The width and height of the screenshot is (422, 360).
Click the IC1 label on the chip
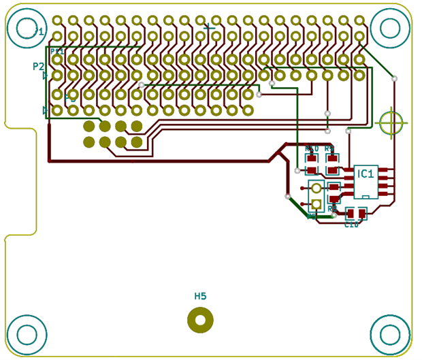click(x=366, y=174)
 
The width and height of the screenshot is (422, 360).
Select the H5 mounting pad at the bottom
click(x=200, y=320)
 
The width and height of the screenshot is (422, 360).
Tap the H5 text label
click(x=200, y=296)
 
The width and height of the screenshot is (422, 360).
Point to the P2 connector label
click(x=39, y=66)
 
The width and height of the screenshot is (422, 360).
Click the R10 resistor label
click(x=312, y=148)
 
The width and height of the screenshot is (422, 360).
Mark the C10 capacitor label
click(x=351, y=225)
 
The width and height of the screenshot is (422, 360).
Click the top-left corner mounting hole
click(x=27, y=28)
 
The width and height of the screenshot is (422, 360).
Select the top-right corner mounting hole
click(x=390, y=28)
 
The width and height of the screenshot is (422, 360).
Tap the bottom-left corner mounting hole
click(x=27, y=334)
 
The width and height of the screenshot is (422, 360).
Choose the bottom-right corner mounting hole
click(x=390, y=334)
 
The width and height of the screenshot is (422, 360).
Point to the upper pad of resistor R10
click(x=312, y=159)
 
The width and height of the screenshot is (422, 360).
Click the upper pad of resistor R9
click(x=332, y=159)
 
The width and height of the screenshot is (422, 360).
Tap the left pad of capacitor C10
click(x=351, y=214)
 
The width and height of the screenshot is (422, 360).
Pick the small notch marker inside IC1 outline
click(x=366, y=197)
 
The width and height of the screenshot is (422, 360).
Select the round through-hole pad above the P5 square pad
click(x=316, y=189)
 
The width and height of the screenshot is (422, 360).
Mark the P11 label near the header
click(x=56, y=52)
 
